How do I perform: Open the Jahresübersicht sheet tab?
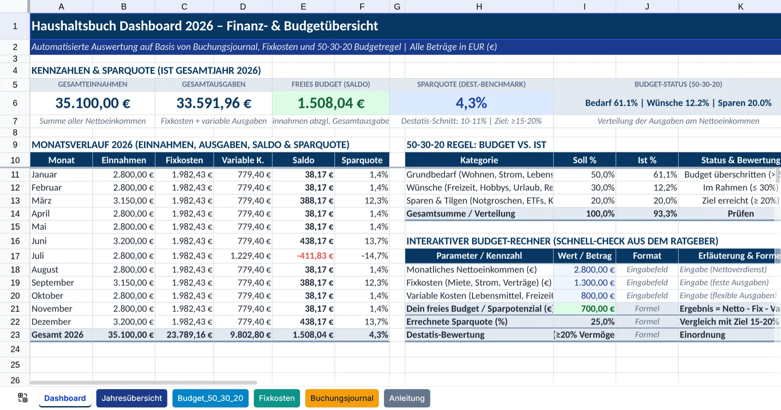pyautogui.click(x=132, y=398)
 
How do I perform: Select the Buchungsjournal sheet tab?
pyautogui.click(x=342, y=398)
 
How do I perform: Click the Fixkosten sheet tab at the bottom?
pyautogui.click(x=277, y=398)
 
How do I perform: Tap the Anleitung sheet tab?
pyautogui.click(x=407, y=398)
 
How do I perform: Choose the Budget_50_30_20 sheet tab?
pyautogui.click(x=210, y=398)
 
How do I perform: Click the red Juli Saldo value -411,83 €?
pyautogui.click(x=315, y=256)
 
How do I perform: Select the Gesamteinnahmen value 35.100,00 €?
pyautogui.click(x=93, y=103)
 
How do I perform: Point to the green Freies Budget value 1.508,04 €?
pyautogui.click(x=331, y=103)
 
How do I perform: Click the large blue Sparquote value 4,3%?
pyautogui.click(x=471, y=103)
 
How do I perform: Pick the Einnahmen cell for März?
pyautogui.click(x=133, y=201)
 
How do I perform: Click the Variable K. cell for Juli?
pyautogui.click(x=251, y=256)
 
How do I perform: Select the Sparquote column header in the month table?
pyautogui.click(x=362, y=160)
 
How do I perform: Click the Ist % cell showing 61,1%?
pyautogui.click(x=665, y=175)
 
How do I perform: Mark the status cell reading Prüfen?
pyautogui.click(x=740, y=214)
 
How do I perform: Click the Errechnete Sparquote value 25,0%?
pyautogui.click(x=602, y=322)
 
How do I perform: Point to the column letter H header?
pyautogui.click(x=479, y=7)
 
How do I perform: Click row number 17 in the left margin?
pyautogui.click(x=15, y=256)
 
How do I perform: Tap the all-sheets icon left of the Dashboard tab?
pyautogui.click(x=22, y=398)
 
